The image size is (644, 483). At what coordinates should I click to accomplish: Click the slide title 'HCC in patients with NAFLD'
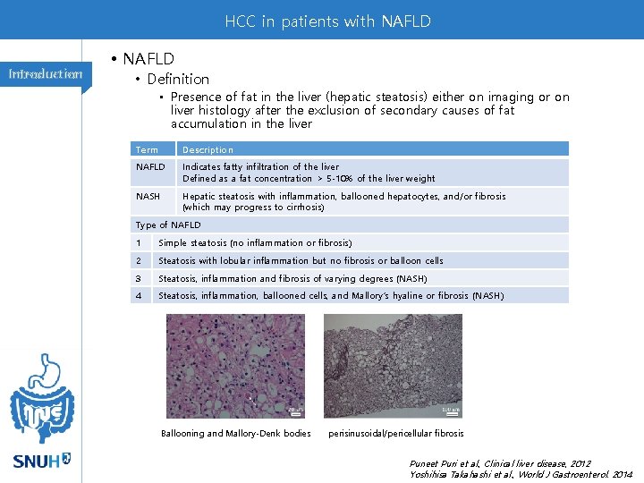tap(327, 21)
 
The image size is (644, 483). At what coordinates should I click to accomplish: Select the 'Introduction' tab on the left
tap(46, 74)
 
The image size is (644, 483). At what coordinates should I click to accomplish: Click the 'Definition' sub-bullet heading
tap(178, 79)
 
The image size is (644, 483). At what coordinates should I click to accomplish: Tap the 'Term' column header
tap(147, 149)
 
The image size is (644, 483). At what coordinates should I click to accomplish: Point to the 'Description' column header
tap(208, 149)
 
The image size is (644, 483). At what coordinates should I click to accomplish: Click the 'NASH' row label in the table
tap(148, 196)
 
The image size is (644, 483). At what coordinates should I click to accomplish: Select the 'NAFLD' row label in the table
tap(150, 167)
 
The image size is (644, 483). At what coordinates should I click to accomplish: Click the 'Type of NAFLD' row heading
tap(168, 225)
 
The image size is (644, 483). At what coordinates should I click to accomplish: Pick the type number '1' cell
tap(139, 242)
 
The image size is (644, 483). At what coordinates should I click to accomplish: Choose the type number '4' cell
tap(139, 295)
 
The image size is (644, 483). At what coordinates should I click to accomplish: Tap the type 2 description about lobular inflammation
tap(301, 260)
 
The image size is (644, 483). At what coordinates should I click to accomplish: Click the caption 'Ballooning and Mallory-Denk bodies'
tap(235, 434)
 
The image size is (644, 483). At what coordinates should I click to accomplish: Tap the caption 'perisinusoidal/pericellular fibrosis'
tap(396, 434)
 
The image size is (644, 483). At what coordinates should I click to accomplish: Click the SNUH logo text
tap(36, 462)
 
